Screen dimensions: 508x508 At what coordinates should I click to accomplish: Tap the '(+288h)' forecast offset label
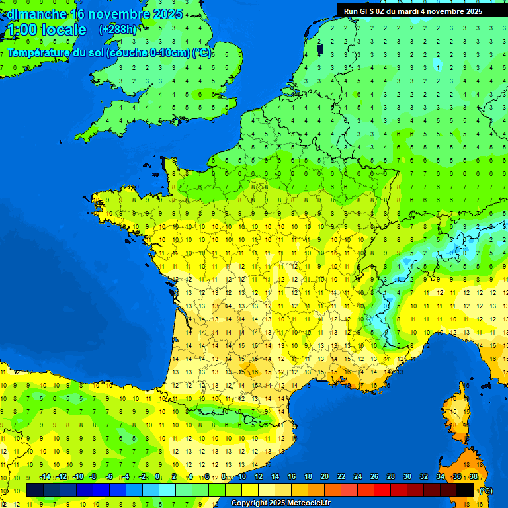coord(117,30)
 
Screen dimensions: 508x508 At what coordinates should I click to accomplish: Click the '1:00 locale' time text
coord(46,30)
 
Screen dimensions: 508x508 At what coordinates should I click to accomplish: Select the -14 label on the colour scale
coord(45,477)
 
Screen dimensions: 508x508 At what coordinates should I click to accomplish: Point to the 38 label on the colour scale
coord(474,477)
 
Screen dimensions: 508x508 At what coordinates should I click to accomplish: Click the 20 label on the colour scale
coord(325,477)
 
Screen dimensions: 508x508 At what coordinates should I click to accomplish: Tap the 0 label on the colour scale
coord(157,477)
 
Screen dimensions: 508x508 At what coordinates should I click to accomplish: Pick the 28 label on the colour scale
coord(391,477)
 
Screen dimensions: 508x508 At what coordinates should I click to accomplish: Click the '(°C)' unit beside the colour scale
coord(485,491)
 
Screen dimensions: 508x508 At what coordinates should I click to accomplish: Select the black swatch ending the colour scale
coord(465,489)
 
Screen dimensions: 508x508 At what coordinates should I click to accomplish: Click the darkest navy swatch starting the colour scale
coord(35,489)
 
